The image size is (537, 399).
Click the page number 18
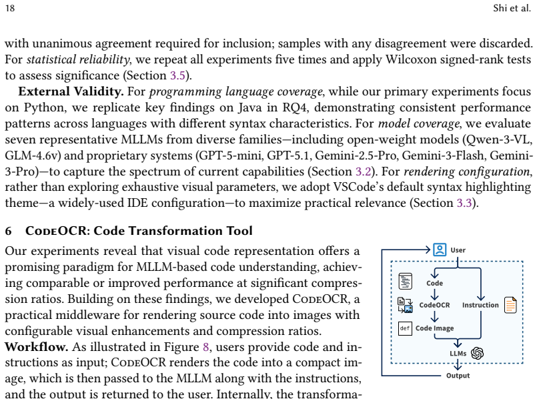[10, 8]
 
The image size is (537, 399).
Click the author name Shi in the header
[500, 8]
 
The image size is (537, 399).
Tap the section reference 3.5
[177, 75]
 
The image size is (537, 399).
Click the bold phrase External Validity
[71, 91]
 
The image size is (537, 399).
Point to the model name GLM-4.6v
[33, 155]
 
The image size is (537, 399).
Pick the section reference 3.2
[364, 171]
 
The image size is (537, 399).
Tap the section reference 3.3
[464, 203]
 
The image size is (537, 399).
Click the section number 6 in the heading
[9, 231]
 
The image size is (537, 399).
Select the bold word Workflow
[36, 346]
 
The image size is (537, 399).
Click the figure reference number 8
[206, 347]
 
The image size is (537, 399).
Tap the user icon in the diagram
[440, 250]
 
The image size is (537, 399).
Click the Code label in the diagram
[434, 284]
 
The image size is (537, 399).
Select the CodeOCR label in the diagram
[434, 305]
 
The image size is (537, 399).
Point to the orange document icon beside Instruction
[510, 305]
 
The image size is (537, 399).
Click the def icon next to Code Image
[405, 328]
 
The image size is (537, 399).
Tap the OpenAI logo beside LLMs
[478, 353]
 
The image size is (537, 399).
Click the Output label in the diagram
[458, 376]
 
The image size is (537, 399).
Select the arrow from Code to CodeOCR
[434, 294]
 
